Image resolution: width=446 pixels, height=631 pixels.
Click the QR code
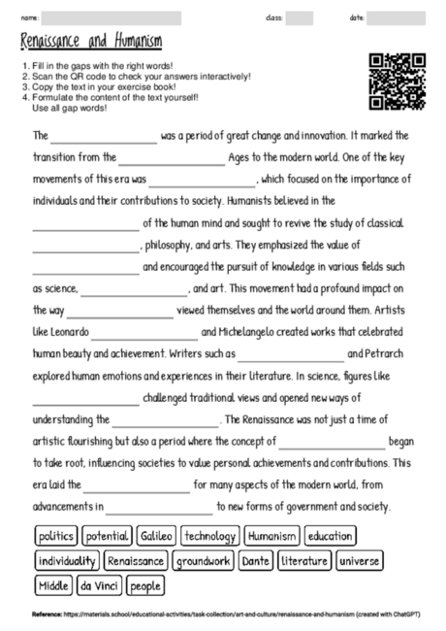pyautogui.click(x=398, y=82)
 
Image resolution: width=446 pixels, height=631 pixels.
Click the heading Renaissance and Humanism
pyautogui.click(x=90, y=43)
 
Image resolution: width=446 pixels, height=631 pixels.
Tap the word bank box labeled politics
pyautogui.click(x=56, y=536)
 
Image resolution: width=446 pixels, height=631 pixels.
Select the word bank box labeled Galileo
pyautogui.click(x=155, y=536)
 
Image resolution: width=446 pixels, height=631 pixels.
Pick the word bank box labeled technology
pyautogui.click(x=209, y=536)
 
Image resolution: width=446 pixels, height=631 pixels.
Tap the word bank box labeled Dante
pyautogui.click(x=256, y=561)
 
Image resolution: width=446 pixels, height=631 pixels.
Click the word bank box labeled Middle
pyautogui.click(x=53, y=585)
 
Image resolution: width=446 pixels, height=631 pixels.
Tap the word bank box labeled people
pyautogui.click(x=144, y=585)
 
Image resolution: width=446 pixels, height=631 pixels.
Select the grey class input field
pyautogui.click(x=300, y=17)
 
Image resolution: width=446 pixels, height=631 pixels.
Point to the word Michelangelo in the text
pyautogui.click(x=234, y=332)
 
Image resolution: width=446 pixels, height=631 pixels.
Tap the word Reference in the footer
pyautogui.click(x=47, y=614)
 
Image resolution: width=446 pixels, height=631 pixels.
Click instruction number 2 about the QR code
pyautogui.click(x=136, y=76)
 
